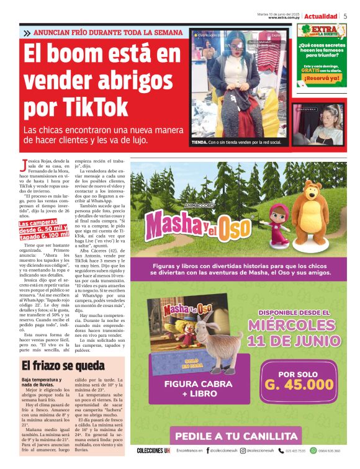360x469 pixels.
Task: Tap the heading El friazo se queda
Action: point(63,366)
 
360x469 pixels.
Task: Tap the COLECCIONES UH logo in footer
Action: point(153,450)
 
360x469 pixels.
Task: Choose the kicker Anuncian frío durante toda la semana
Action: point(102,32)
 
